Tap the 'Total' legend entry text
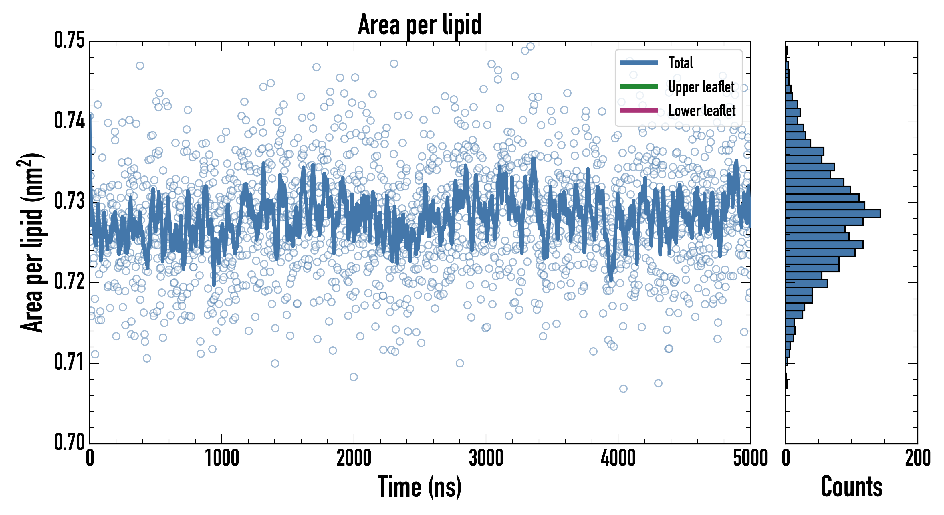[x=681, y=63]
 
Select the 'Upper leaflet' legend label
[x=701, y=87]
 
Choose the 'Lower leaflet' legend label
[x=702, y=111]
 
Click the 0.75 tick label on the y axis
[x=69, y=40]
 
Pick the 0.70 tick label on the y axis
[x=69, y=442]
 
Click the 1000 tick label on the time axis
[x=222, y=458]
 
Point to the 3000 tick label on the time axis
[x=486, y=458]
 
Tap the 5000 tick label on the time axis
[x=750, y=458]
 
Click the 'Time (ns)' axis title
[x=420, y=487]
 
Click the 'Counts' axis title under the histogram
[x=851, y=487]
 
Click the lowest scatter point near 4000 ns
[x=623, y=389]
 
